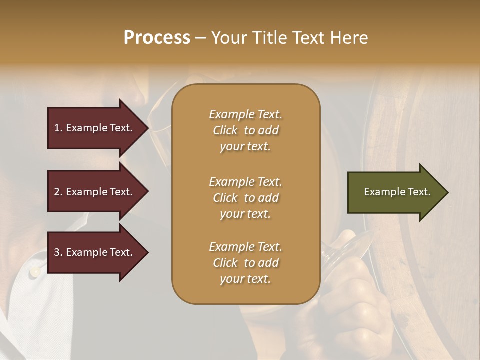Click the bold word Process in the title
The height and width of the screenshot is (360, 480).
point(157,38)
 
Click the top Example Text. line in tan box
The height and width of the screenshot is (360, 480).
point(245,114)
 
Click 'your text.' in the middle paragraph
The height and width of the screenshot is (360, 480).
point(245,214)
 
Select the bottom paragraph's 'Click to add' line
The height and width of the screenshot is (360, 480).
point(245,263)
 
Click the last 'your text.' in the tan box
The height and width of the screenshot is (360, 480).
point(245,279)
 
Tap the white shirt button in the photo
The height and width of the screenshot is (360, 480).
point(34,272)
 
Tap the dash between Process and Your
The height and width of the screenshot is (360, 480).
point(200,38)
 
